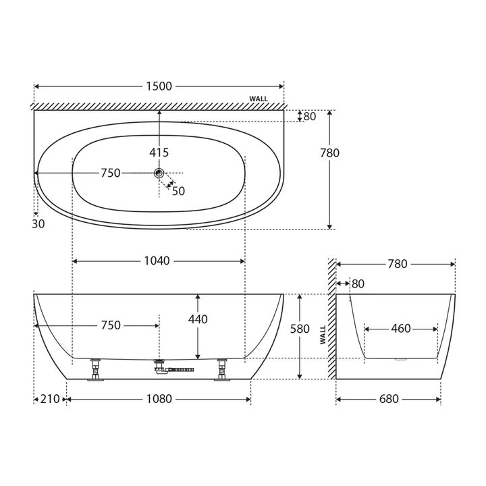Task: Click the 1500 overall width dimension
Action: [x=159, y=86]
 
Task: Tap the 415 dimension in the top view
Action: [x=159, y=153]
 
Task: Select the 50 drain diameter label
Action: [x=178, y=192]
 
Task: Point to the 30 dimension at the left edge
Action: [x=38, y=224]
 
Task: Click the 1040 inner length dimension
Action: [x=157, y=261]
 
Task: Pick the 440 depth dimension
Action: [x=198, y=320]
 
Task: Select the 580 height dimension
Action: [x=300, y=329]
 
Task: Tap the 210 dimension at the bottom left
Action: [x=50, y=400]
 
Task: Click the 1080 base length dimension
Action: [x=159, y=400]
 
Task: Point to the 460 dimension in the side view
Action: [x=401, y=329]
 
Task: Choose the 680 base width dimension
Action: [x=389, y=400]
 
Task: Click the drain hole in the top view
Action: [x=159, y=173]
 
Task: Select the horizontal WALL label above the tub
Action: [x=259, y=99]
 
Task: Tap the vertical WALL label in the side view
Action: [x=323, y=335]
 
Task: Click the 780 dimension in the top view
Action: [x=329, y=153]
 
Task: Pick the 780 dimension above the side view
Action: [x=398, y=264]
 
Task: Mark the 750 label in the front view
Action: [x=111, y=325]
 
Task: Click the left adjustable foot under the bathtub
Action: [x=95, y=370]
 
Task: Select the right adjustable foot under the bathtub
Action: [x=221, y=370]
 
